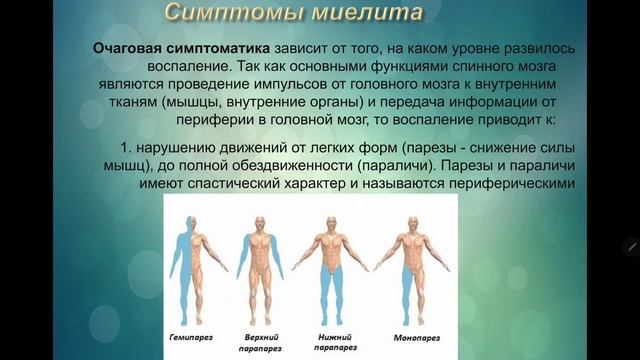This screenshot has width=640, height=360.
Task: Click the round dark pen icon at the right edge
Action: [631, 246]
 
